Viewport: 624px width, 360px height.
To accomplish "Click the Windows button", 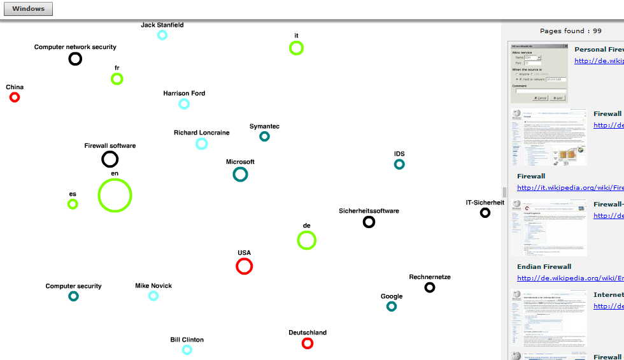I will coord(28,9).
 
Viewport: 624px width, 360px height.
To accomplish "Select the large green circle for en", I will coord(115,195).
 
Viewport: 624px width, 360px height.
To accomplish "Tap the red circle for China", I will coord(15,97).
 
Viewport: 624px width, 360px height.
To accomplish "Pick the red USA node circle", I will coord(245,266).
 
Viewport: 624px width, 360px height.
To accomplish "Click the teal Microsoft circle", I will coord(240,174).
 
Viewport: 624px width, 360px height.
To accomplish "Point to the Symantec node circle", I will coord(264,136).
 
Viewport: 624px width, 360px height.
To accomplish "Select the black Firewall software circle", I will coord(110,159).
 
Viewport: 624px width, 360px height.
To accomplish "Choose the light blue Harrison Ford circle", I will coord(184,104).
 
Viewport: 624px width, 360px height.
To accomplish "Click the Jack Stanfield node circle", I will coord(162,35).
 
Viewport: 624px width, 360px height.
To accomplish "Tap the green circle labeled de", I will coord(306,240).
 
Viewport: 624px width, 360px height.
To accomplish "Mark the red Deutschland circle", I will coord(308,343).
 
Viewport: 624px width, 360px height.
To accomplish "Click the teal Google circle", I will coord(392,306).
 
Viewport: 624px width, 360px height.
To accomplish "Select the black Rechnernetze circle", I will coord(430,287).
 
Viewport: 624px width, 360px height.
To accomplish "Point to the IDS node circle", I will coord(399,164).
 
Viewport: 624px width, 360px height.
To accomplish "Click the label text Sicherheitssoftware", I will coord(369,211).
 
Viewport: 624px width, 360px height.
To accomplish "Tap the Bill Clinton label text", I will coord(187,340).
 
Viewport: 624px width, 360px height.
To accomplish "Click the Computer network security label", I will coord(75,47).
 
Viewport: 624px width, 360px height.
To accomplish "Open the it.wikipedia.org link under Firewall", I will coord(570,187).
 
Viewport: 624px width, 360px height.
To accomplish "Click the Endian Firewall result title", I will coord(544,266).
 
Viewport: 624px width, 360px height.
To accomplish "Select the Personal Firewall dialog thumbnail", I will coord(539,73).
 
